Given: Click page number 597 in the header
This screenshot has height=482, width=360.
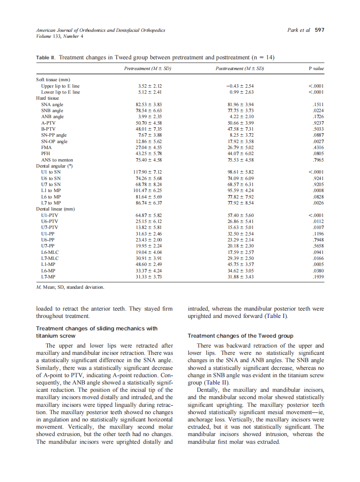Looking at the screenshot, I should pos(319,30).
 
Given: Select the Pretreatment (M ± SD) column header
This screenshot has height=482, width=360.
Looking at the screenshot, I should pos(148,68).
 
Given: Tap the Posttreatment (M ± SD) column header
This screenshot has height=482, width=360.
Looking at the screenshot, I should pos(239,68).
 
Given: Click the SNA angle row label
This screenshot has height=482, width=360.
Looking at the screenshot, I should pos(52,104).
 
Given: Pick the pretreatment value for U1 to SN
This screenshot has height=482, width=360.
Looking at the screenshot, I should pos(148,172).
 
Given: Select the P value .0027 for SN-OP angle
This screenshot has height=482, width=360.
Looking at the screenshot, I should pos(317,141).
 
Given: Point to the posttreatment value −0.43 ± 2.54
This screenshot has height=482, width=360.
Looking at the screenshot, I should pos(239,86).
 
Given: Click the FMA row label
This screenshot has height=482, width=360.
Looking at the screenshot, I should pos(46,147).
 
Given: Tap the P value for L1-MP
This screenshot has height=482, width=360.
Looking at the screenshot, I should pos(317,265).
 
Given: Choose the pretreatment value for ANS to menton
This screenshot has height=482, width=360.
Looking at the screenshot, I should pos(148,160).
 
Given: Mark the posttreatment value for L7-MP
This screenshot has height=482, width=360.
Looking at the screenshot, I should pos(239,277).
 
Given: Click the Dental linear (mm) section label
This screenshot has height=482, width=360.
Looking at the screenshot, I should pos(55,209).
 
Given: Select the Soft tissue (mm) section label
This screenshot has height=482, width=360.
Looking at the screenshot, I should pos(53,80).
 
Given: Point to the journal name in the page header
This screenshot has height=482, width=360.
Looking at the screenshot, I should pos(101,30).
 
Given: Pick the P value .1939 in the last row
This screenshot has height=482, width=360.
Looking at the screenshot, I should pos(317,277).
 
